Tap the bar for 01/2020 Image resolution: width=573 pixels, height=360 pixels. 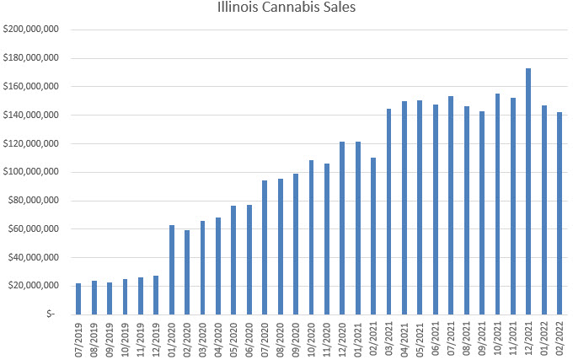(x=172, y=270)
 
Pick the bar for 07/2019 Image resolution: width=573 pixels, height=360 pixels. (x=78, y=298)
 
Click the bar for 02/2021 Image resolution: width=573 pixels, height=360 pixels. (x=373, y=235)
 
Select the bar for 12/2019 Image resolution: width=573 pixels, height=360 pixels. (x=156, y=294)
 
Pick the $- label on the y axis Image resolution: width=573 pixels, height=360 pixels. (x=51, y=314)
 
